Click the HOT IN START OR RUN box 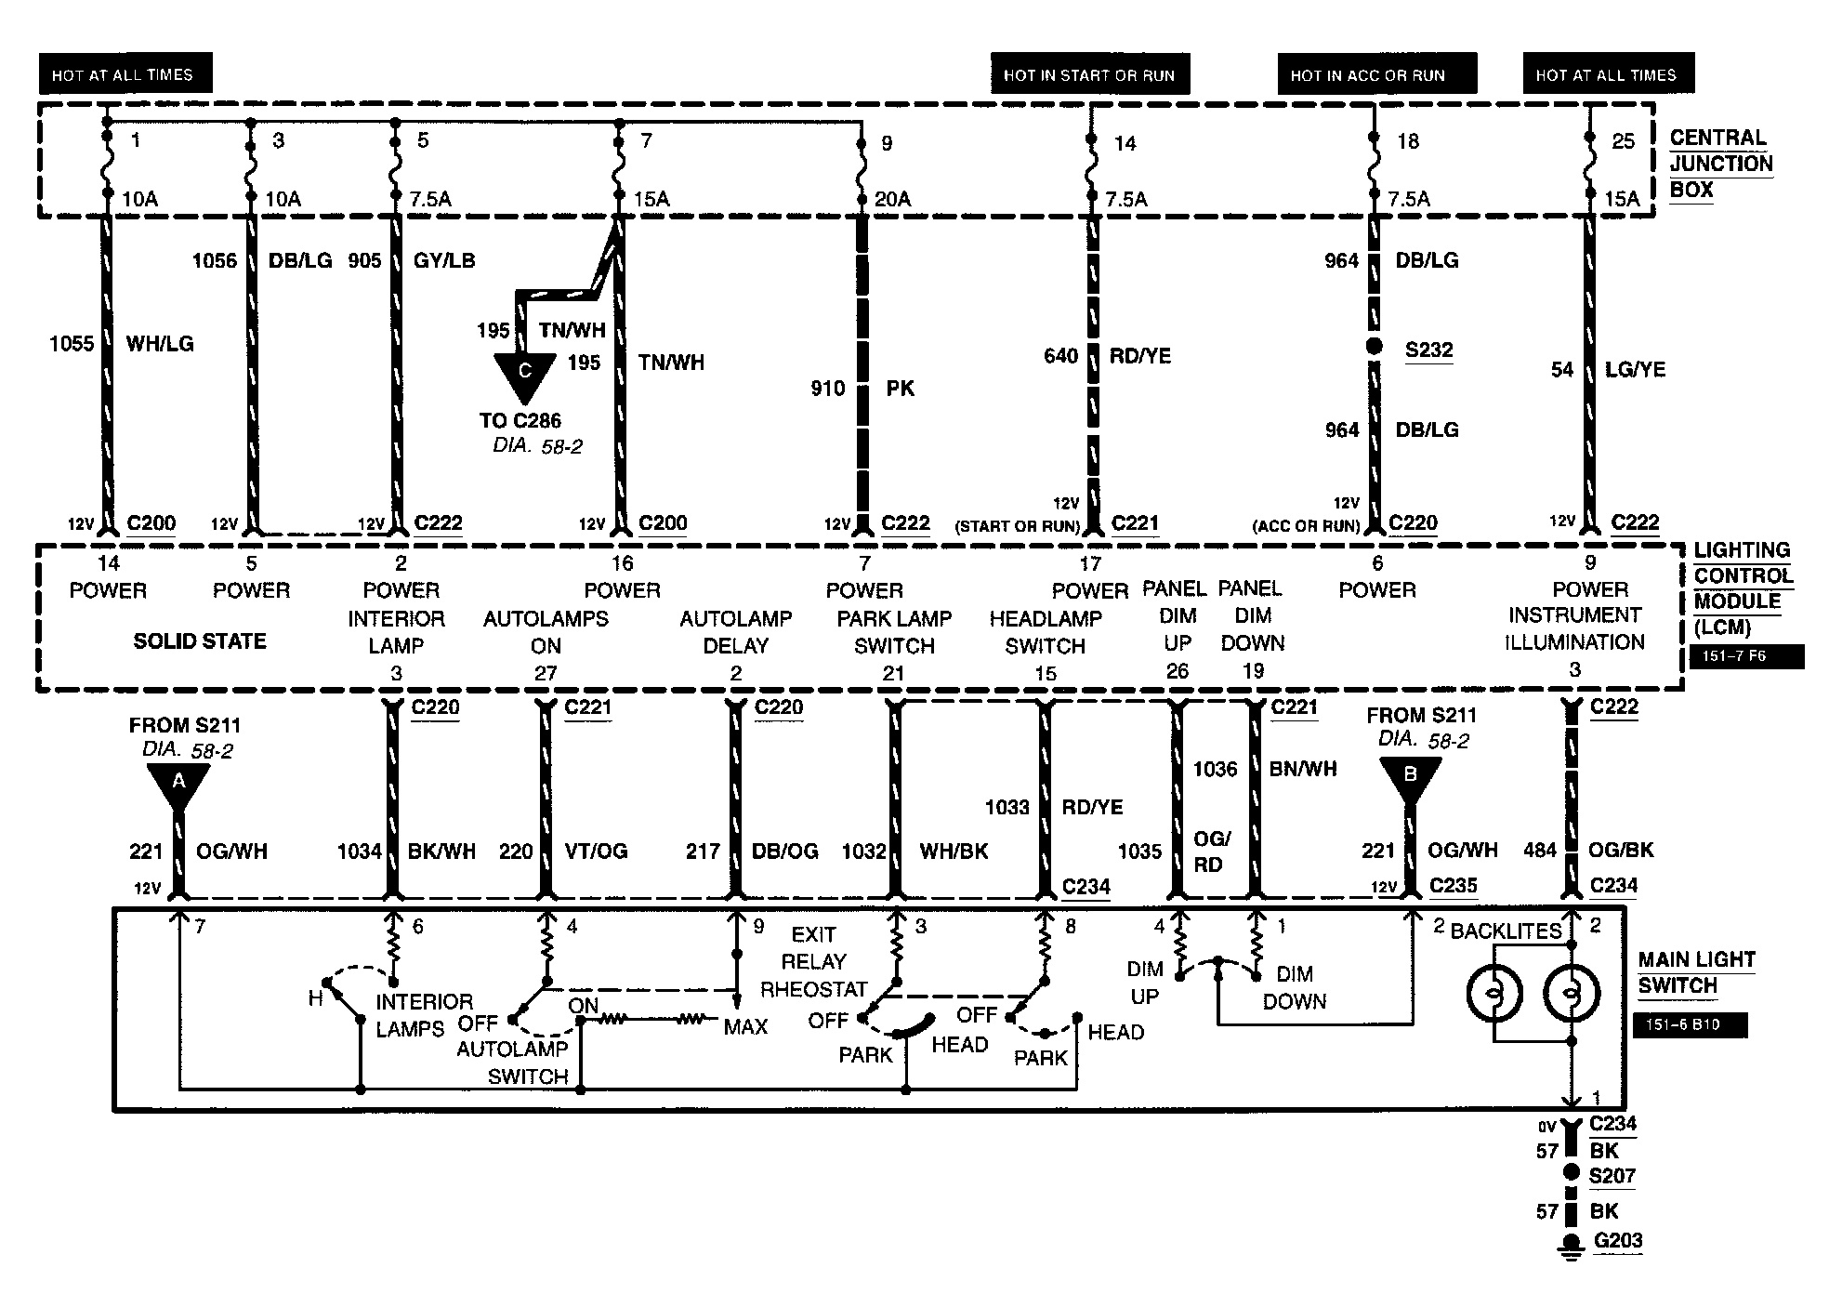click(x=1090, y=74)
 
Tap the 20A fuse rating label click(x=893, y=199)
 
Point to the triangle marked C click(x=524, y=374)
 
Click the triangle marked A click(x=178, y=786)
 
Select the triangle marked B click(x=1410, y=776)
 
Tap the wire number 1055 click(x=72, y=344)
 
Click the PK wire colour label click(x=900, y=388)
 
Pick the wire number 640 click(x=1060, y=356)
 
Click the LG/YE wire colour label click(x=1635, y=370)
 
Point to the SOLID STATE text click(x=200, y=640)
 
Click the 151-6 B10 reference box click(x=1690, y=1024)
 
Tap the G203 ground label click(x=1618, y=1240)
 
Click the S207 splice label click(x=1612, y=1176)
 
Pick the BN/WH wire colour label click(x=1303, y=769)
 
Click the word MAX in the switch click(x=745, y=1026)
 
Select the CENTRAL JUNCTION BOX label click(x=1720, y=164)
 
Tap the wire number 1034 click(x=360, y=851)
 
